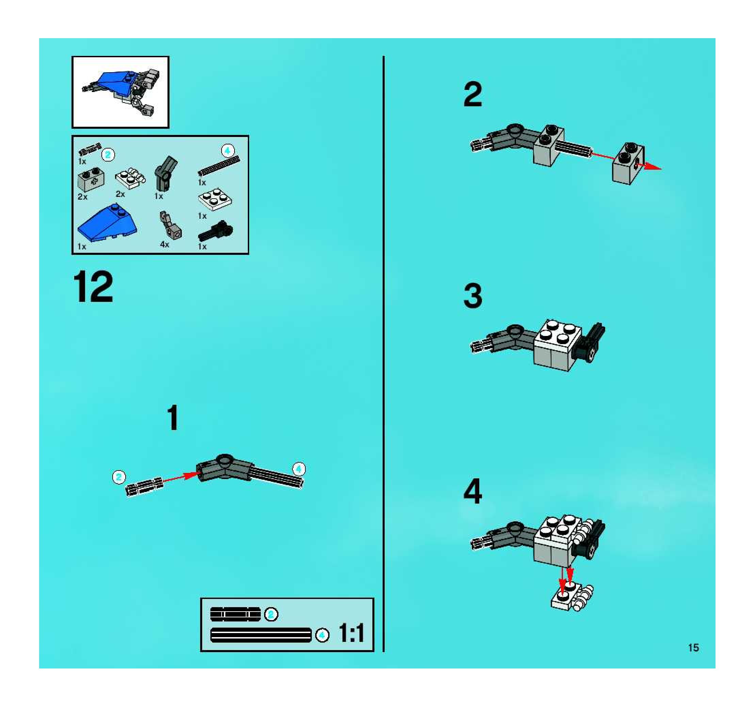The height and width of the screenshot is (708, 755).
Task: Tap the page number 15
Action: [x=693, y=648]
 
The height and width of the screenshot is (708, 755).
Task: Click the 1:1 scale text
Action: [x=351, y=633]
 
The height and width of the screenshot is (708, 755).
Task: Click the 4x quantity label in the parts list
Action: [x=164, y=244]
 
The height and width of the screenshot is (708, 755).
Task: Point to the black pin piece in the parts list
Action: [x=215, y=231]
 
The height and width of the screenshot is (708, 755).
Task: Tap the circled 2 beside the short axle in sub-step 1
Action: [x=119, y=477]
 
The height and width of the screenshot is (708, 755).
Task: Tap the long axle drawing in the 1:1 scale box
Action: [x=260, y=635]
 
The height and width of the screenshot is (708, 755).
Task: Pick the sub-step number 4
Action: [x=473, y=492]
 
